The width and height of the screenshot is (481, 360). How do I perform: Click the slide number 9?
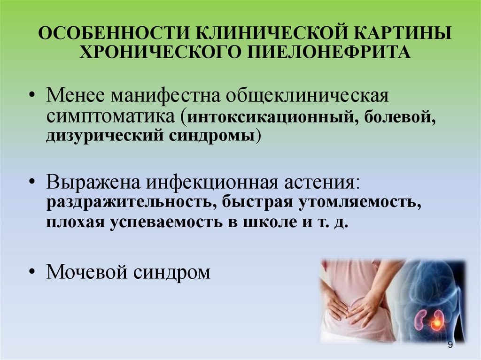coord(450,345)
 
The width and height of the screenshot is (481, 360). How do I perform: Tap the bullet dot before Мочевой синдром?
coord(32,272)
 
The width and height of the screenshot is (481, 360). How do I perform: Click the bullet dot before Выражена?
coord(32,182)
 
